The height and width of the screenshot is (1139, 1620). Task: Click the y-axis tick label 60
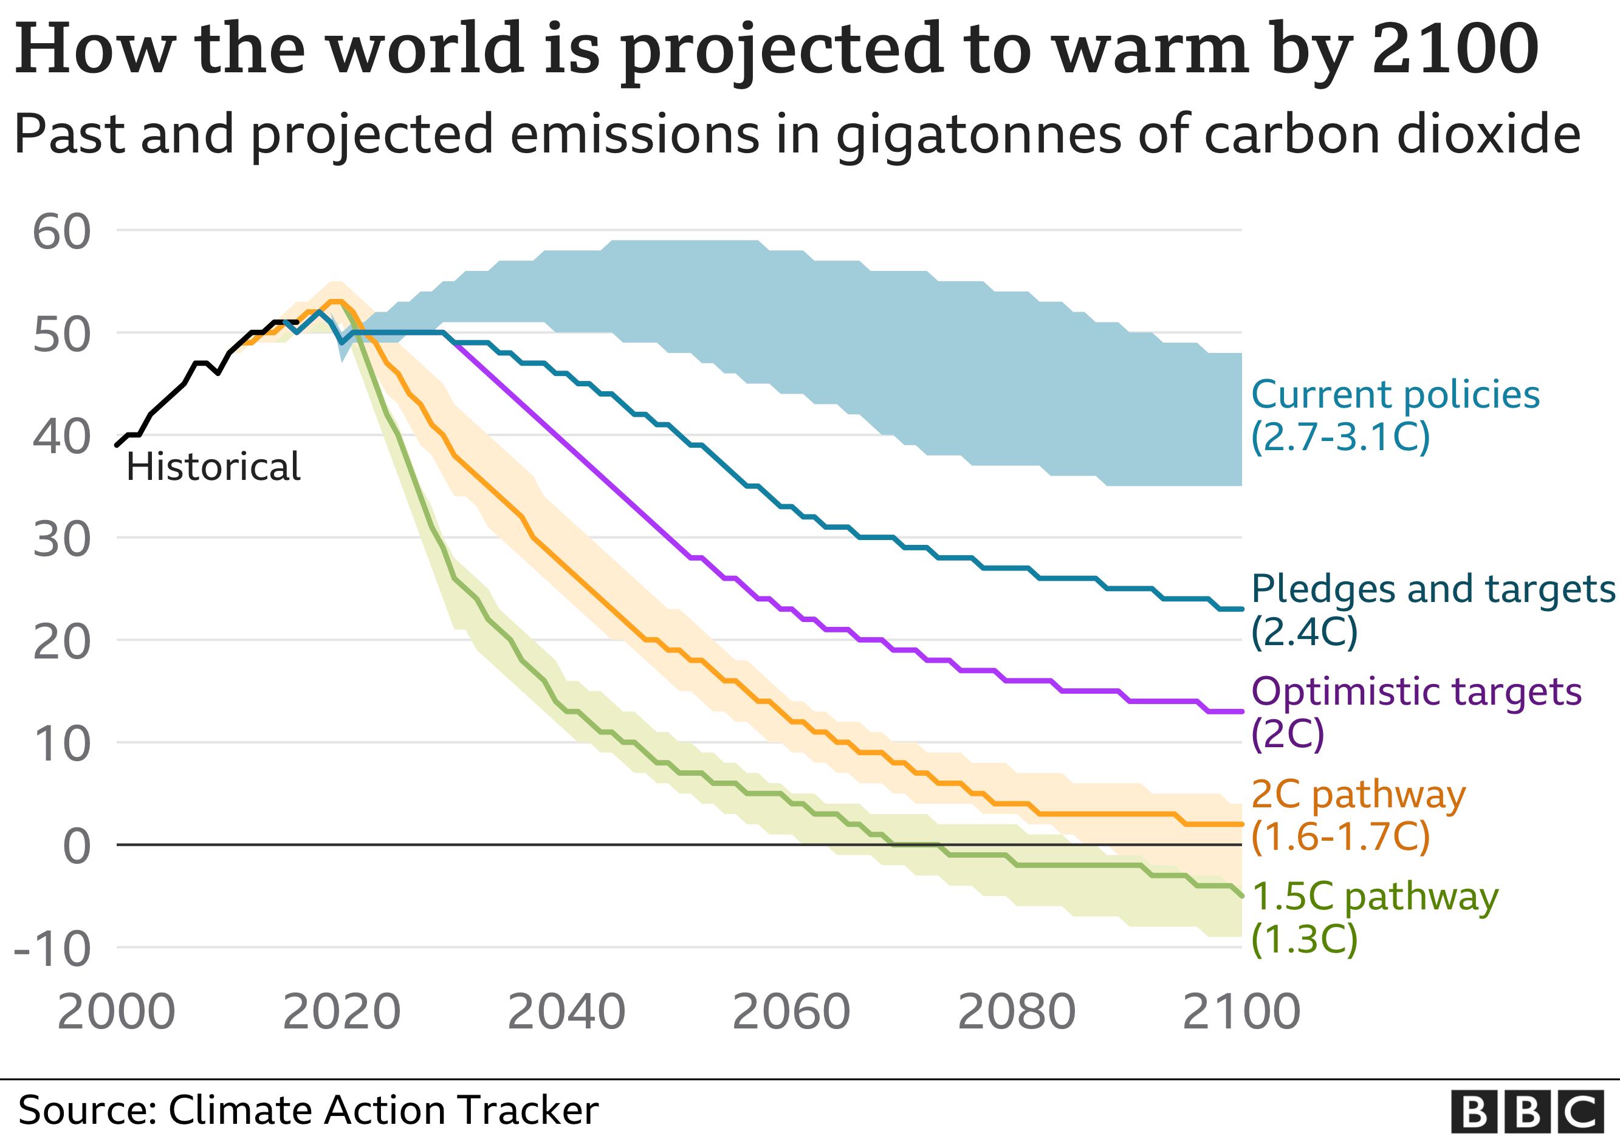point(62,232)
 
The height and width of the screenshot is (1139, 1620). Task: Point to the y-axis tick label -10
point(53,949)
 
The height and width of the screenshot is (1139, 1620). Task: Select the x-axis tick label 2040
point(566,1011)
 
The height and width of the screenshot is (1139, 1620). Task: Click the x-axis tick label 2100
point(1241,1011)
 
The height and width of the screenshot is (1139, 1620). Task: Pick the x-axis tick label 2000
point(117,1011)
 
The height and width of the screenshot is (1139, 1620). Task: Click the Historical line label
point(213,467)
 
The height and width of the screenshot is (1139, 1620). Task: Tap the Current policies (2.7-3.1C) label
point(1394,416)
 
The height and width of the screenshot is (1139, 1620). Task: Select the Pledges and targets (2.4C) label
point(1432,609)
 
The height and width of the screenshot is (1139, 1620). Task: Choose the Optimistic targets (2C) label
point(1415,713)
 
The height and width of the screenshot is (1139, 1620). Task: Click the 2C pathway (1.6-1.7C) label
point(1357,815)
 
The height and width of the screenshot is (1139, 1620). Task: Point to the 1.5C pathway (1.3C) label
point(1374,917)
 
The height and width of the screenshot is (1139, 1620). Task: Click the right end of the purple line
point(1241,711)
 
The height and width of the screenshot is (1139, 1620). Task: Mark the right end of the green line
point(1241,895)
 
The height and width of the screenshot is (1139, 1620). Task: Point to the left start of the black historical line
point(117,445)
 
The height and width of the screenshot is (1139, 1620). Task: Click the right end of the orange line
point(1241,824)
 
